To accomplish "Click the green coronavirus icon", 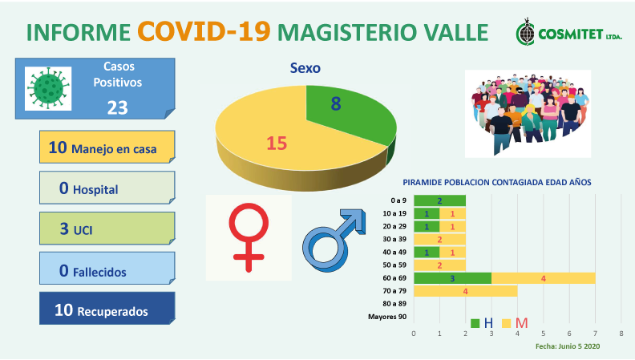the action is coord(48,88).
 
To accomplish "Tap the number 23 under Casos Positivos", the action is coord(117,108).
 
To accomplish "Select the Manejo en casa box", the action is coord(107,147).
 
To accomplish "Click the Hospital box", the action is coord(107,188).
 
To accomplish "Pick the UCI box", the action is coord(107,228).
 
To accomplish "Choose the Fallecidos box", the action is coord(107,268).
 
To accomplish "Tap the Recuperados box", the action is coord(107,308).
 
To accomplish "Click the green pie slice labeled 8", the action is coord(344,110).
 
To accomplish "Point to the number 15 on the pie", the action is coord(277,144).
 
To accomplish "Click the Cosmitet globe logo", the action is coord(526,33).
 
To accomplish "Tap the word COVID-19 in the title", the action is coord(204,31).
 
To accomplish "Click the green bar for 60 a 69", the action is coord(452,278).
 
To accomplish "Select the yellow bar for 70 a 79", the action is coord(465,291).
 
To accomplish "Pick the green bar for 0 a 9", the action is coord(439,200).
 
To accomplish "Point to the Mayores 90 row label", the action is coord(387,317).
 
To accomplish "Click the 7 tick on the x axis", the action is coord(595,334).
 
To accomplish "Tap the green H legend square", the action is coord(475,323).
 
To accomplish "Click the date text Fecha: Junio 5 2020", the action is coord(568,346).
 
